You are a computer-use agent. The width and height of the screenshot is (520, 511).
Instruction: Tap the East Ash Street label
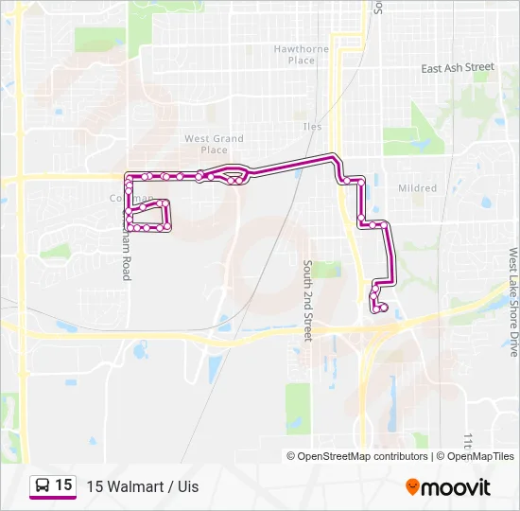point(458,68)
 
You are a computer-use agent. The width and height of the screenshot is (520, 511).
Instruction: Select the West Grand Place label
point(214,144)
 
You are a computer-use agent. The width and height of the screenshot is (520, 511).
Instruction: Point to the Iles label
point(312,127)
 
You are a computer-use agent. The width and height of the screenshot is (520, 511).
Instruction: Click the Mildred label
point(417,188)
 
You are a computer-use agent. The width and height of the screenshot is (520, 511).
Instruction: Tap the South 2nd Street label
point(307,301)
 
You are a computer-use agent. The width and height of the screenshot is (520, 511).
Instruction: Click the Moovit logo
point(448,487)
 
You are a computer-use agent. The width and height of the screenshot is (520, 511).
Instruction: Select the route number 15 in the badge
point(63,485)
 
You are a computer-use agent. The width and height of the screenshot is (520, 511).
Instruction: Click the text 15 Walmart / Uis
point(143,486)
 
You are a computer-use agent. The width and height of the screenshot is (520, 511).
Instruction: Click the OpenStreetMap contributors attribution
point(357,456)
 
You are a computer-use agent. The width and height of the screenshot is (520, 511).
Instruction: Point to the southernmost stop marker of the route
point(382,308)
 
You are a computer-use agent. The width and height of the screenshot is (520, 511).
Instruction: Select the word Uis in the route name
point(187,486)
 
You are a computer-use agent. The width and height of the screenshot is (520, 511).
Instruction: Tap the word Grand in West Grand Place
point(228,138)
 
